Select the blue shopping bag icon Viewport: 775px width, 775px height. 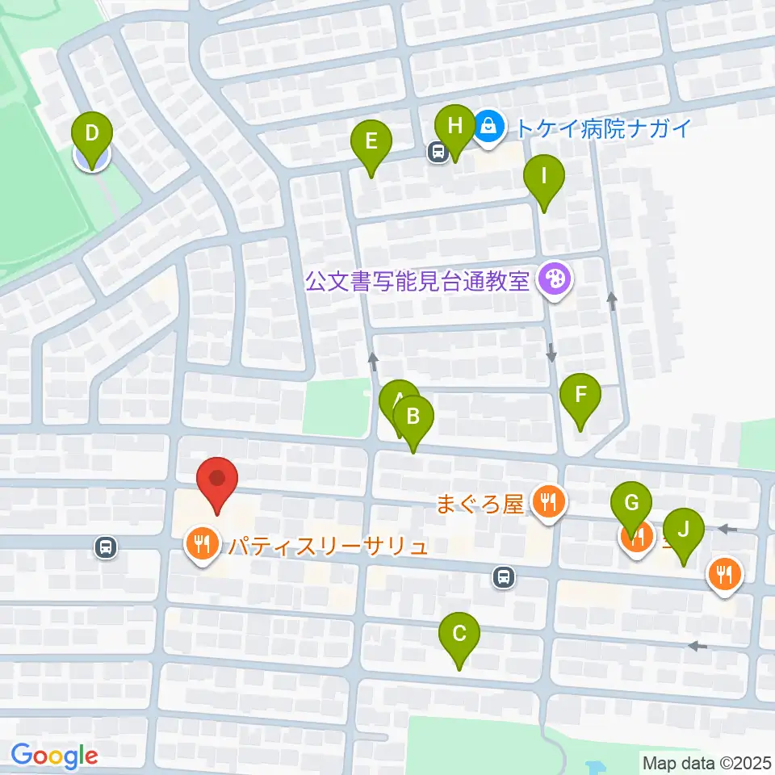click(488, 126)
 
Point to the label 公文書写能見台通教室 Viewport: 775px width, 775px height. click(417, 281)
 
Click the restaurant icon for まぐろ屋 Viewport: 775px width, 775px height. click(549, 504)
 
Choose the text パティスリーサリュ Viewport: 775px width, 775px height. click(327, 547)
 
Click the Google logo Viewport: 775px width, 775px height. click(55, 756)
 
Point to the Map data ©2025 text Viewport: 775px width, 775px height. click(706, 761)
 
